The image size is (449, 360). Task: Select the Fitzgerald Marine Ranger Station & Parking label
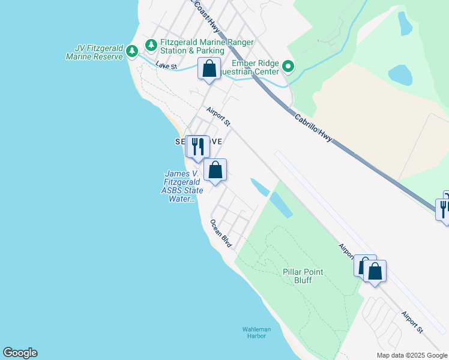(206, 47)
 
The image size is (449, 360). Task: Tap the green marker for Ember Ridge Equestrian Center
(289, 67)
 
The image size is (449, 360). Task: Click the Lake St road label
(166, 65)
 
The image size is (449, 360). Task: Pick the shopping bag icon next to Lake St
(209, 68)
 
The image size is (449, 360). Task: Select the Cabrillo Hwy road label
(313, 129)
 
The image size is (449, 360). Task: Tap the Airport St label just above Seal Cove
(218, 116)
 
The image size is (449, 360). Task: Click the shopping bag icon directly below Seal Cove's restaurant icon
(215, 170)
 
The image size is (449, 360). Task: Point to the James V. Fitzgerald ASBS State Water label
(183, 187)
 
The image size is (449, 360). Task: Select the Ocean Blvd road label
(221, 233)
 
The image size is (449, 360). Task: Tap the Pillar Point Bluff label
(303, 276)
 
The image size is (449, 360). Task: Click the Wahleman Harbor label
(256, 333)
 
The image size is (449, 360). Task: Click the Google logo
(20, 353)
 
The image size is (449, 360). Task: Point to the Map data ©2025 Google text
(412, 355)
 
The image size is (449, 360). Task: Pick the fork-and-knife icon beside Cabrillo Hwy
(444, 209)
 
